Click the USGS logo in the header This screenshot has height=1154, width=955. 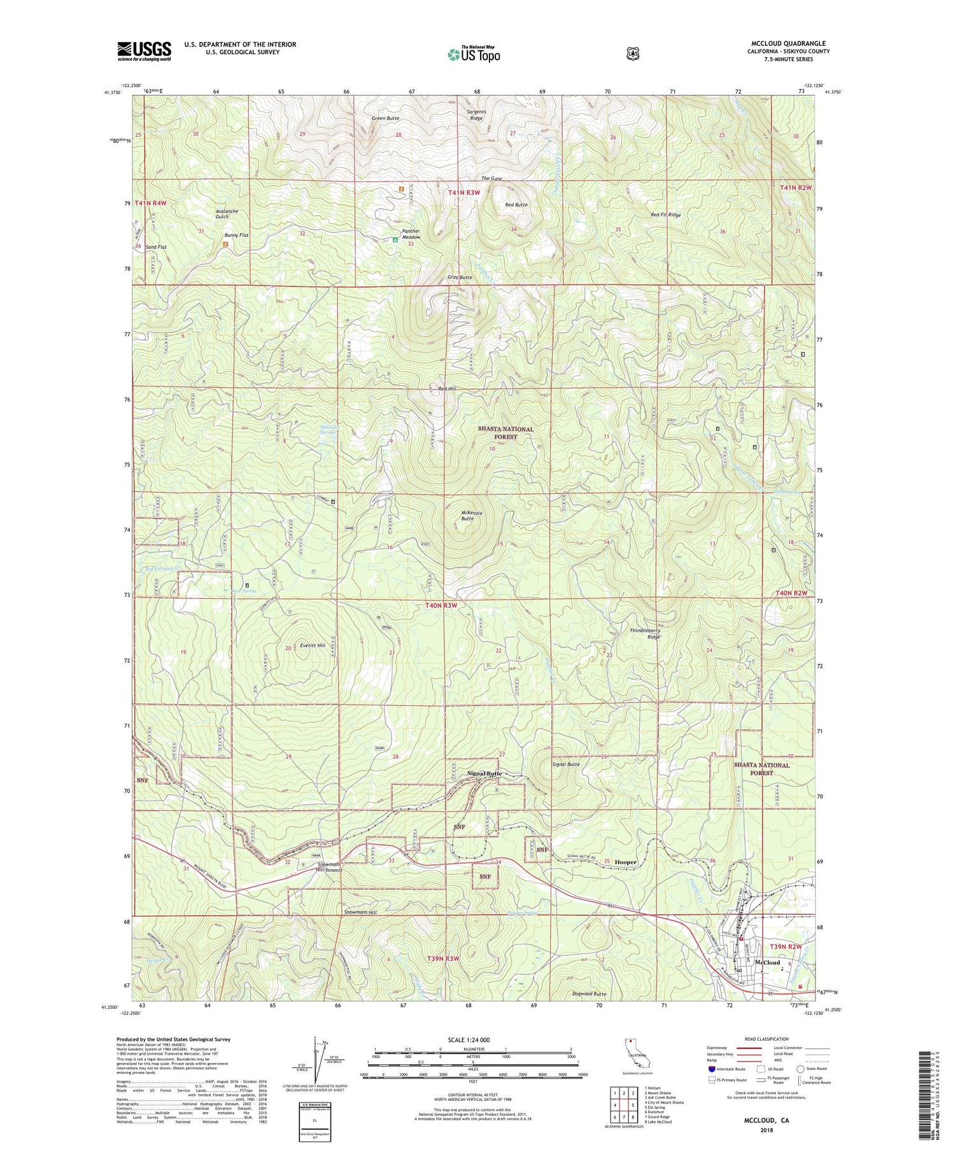click(x=145, y=51)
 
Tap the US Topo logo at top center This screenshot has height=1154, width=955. click(x=474, y=54)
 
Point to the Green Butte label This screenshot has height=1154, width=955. click(x=385, y=118)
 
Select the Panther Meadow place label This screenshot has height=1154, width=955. click(x=411, y=234)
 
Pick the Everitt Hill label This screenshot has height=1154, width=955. click(x=312, y=645)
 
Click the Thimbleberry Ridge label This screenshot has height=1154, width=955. click(x=645, y=633)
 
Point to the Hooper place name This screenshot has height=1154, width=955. click(x=625, y=862)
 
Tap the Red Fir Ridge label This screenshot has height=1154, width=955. click(x=665, y=215)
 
